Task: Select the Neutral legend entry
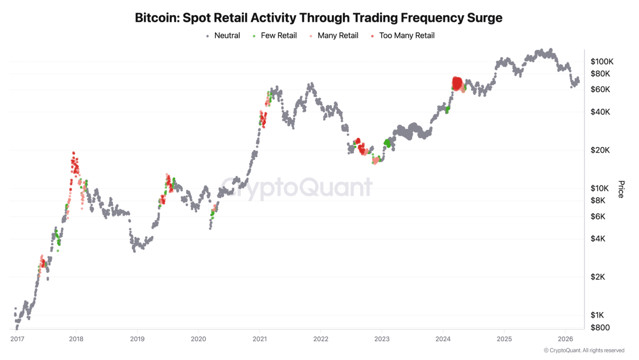(227, 36)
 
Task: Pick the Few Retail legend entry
(278, 36)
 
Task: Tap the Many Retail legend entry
(338, 36)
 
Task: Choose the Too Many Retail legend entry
(407, 36)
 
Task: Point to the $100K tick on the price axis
(602, 62)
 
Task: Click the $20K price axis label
(600, 150)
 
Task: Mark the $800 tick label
(600, 327)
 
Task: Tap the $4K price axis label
(598, 239)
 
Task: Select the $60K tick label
(600, 89)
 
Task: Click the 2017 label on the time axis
(17, 339)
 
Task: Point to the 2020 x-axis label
(198, 339)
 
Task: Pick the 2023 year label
(382, 339)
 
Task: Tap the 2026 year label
(565, 339)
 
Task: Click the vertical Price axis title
(622, 189)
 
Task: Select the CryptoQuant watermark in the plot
(297, 188)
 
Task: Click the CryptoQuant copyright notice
(584, 350)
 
